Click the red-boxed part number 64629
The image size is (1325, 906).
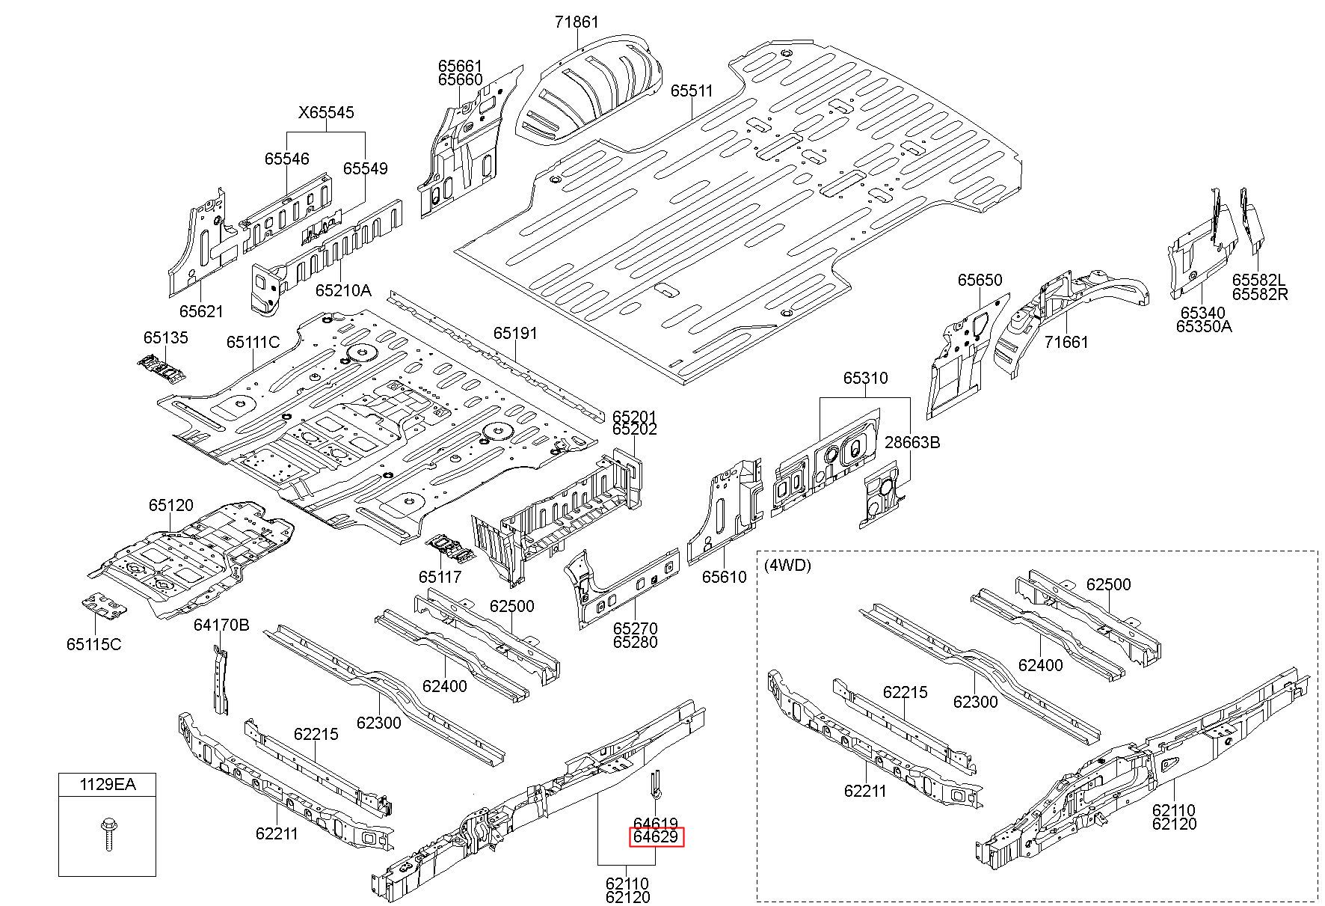point(656,836)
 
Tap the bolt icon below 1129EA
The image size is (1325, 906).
point(108,834)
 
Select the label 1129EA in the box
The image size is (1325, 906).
point(108,785)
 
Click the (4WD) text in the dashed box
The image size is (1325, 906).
point(787,565)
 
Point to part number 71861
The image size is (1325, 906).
point(577,22)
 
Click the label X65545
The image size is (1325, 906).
point(326,113)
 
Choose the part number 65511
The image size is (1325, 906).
point(692,91)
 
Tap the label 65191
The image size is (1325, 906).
point(515,334)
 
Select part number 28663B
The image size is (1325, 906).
point(912,442)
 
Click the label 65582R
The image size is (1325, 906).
point(1260,294)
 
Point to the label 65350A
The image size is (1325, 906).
point(1204,326)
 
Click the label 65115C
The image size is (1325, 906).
point(93,644)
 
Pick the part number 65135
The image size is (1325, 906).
point(166,337)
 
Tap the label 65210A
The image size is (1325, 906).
point(342,290)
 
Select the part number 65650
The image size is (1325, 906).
point(980,280)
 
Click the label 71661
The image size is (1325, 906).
point(1066,342)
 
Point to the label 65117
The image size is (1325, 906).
point(440,577)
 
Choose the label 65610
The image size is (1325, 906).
point(724,577)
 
